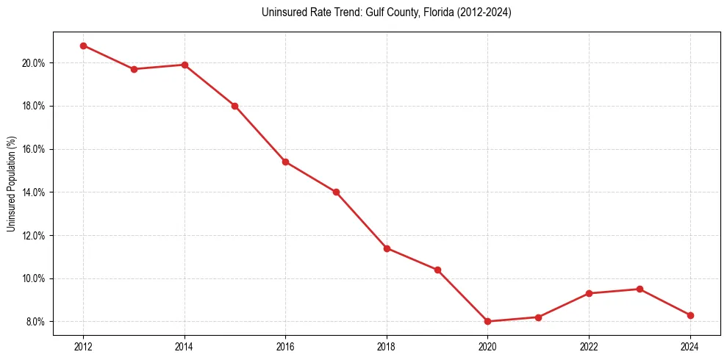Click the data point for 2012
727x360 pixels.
pos(83,46)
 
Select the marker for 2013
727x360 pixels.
pos(134,69)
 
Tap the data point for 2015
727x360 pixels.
pos(234,106)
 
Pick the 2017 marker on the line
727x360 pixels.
pos(336,192)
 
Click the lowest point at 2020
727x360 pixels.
pos(487,321)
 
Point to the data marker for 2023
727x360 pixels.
pos(640,289)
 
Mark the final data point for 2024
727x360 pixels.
pos(690,315)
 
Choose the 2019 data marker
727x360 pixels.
pos(437,270)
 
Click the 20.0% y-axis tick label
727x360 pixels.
pos(34,63)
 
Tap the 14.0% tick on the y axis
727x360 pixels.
pos(34,192)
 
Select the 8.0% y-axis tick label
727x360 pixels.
pos(36,322)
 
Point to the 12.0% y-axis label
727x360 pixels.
pos(34,236)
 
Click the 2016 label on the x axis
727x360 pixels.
pos(285,346)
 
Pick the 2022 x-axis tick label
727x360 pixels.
pos(589,346)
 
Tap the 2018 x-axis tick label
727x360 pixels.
pos(387,346)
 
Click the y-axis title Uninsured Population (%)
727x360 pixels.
pos(11,184)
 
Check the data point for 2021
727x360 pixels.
pos(538,317)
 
